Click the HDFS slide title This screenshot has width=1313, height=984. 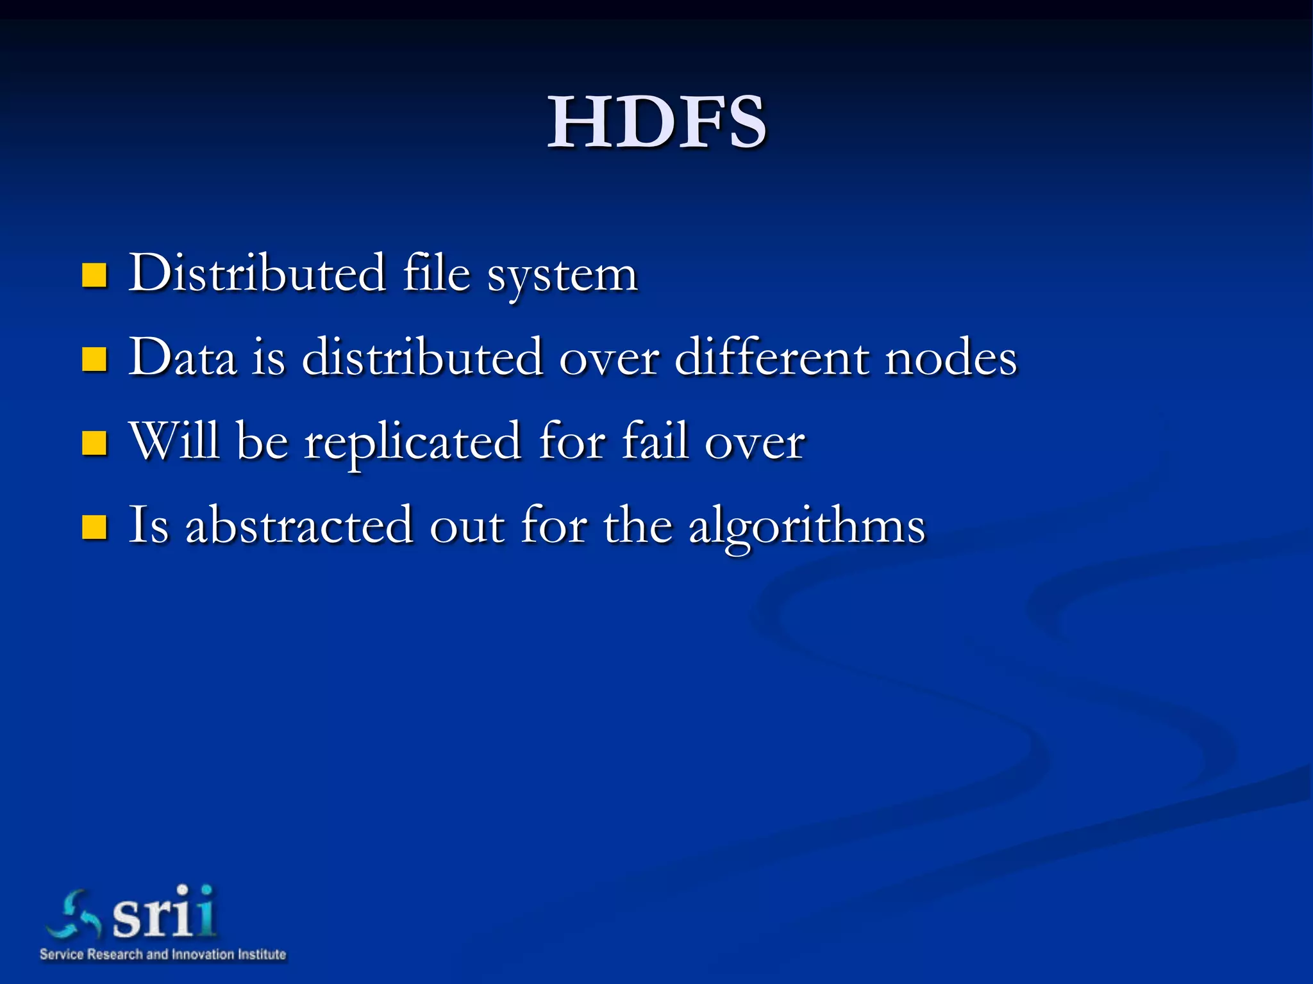[x=656, y=122]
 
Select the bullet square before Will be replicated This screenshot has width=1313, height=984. [x=94, y=443]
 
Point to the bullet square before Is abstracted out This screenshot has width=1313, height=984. [x=94, y=527]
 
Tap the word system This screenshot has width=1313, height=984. [x=562, y=275]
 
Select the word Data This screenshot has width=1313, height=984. [x=183, y=357]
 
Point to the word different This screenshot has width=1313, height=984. [x=772, y=357]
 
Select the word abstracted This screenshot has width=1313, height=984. [x=299, y=525]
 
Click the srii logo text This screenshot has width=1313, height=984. [x=164, y=912]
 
